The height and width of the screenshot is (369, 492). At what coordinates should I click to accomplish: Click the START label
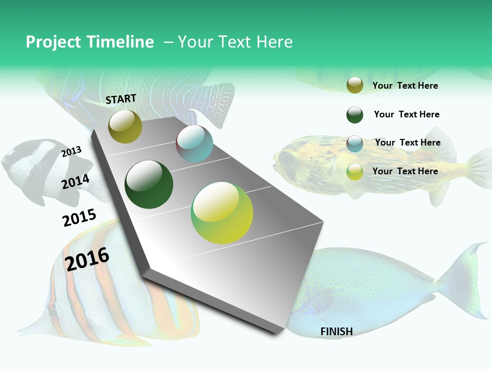click(x=121, y=99)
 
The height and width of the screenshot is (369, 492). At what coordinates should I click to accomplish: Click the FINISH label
click(x=337, y=332)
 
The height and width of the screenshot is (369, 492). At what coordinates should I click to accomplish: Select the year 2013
click(x=71, y=151)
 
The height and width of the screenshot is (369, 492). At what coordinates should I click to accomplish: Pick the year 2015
click(x=79, y=218)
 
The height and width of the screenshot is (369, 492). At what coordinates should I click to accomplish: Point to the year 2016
click(x=87, y=259)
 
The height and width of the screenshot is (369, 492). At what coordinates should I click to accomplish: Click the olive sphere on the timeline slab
click(x=125, y=126)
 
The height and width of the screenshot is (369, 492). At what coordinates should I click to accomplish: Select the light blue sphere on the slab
click(x=194, y=143)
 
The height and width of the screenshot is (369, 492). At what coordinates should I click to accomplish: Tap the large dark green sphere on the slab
click(x=149, y=184)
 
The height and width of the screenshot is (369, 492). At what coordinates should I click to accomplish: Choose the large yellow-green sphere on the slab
click(x=222, y=213)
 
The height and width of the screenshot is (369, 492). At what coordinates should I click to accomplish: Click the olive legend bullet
click(x=355, y=85)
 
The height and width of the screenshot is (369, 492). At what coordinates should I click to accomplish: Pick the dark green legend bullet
click(x=355, y=115)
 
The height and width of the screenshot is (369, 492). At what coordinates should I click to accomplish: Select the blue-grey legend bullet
click(x=355, y=143)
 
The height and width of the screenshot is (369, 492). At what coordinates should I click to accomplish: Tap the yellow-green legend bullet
click(x=355, y=172)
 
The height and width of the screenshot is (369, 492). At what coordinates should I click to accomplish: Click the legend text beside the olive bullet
click(x=405, y=86)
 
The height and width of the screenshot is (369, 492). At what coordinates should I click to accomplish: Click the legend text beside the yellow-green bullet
click(x=405, y=171)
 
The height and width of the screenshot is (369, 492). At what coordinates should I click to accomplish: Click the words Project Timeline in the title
click(x=90, y=42)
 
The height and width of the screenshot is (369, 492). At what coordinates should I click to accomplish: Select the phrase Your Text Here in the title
click(x=235, y=42)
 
